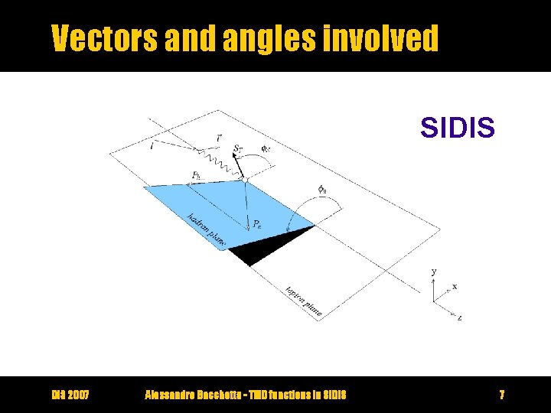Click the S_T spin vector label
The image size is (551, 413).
point(240,149)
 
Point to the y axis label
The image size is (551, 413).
point(434,272)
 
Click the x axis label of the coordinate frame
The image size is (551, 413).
point(455,287)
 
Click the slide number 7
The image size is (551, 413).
point(501,395)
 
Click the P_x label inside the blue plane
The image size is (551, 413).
point(259,224)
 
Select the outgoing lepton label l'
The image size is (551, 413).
point(220,137)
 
